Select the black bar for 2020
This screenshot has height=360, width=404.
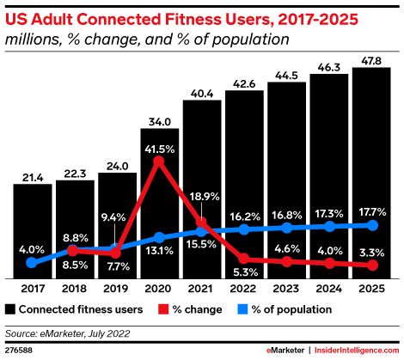[x=159, y=203]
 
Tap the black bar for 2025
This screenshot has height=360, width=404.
[x=371, y=173]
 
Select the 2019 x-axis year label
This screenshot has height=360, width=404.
[x=117, y=290]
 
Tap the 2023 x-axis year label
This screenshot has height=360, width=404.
[x=286, y=290]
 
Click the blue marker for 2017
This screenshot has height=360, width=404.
[x=33, y=263]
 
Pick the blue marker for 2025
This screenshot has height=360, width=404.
[x=371, y=225]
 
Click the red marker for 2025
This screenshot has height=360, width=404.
[x=371, y=265]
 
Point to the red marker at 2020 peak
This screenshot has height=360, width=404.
[x=159, y=161]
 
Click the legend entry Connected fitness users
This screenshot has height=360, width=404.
[x=77, y=308]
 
